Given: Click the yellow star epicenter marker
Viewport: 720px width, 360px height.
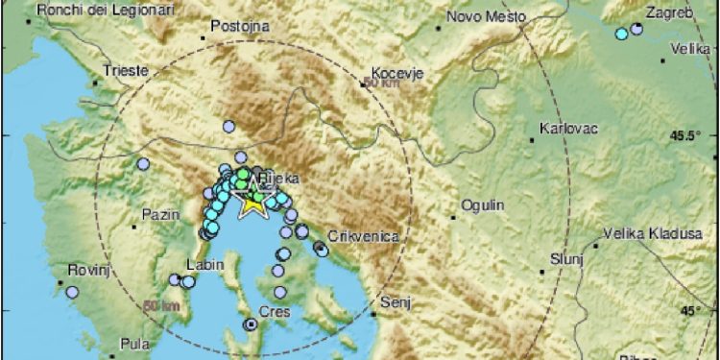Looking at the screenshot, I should click(252, 203).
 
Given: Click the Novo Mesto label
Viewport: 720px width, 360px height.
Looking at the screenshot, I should click(487, 17).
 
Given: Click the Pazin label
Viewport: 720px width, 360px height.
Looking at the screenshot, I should click(160, 214).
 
